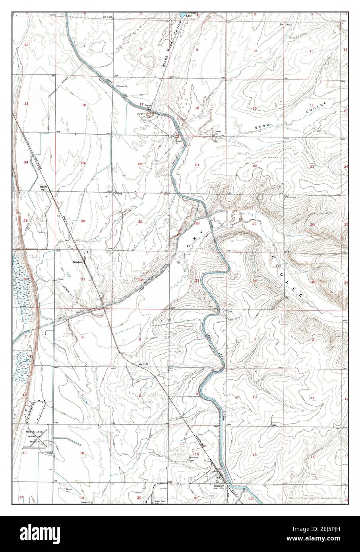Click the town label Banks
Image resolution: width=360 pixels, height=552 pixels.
tap(44, 185)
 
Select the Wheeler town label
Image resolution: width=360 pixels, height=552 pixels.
tap(219, 486)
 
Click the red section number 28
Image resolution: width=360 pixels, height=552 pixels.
tap(197, 224)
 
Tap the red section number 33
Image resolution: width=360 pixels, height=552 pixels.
tap(197, 280)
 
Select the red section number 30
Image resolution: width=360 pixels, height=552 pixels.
tap(83, 221)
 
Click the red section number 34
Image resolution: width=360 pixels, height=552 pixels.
tap(255, 281)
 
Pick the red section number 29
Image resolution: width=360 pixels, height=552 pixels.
tap(140, 221)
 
